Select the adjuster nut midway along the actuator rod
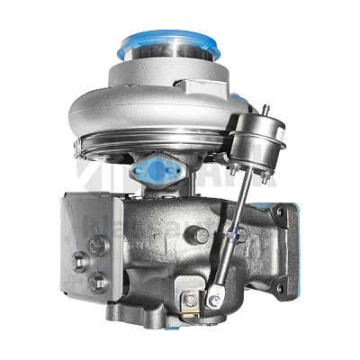[238, 235]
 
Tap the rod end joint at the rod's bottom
[219, 293]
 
